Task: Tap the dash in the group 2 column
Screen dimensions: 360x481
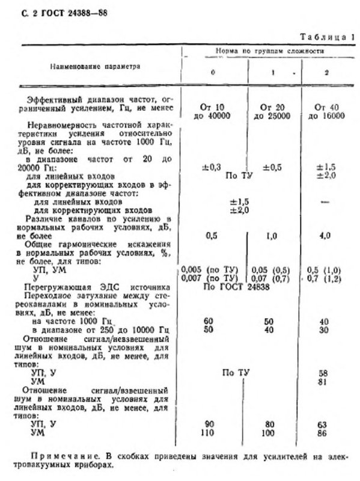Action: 325,202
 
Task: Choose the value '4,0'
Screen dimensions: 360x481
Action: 325,236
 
